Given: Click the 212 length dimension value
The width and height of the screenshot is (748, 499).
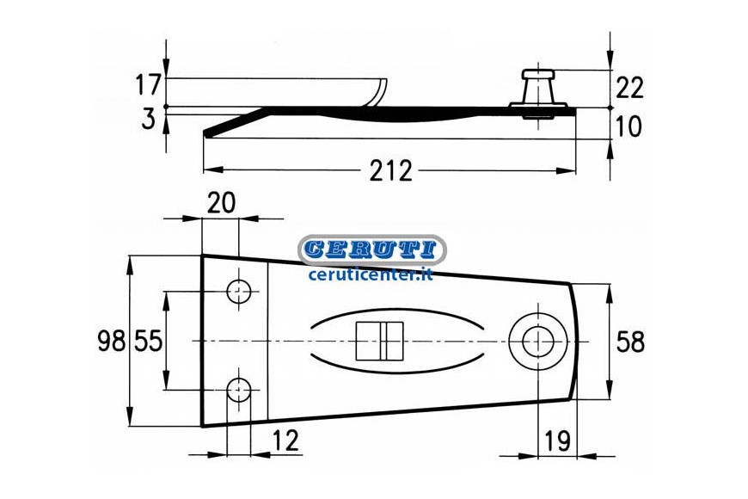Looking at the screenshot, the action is [x=390, y=170].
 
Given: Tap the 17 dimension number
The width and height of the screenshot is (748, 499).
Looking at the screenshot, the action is [x=149, y=85].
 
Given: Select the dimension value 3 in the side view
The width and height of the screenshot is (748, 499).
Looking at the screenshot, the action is [x=149, y=119].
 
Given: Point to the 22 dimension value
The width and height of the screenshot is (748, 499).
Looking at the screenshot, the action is [x=629, y=89].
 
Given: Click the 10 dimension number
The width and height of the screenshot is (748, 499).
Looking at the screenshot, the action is [x=629, y=126].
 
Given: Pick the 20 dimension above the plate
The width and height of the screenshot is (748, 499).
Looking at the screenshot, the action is [x=221, y=202].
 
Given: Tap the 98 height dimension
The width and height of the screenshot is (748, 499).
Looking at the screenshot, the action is [x=112, y=342].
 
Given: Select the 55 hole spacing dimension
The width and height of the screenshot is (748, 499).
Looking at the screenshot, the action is [x=148, y=342].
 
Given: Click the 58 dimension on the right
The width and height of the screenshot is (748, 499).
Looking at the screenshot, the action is [x=631, y=342].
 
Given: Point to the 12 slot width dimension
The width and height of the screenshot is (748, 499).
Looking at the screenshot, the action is [x=285, y=440].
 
